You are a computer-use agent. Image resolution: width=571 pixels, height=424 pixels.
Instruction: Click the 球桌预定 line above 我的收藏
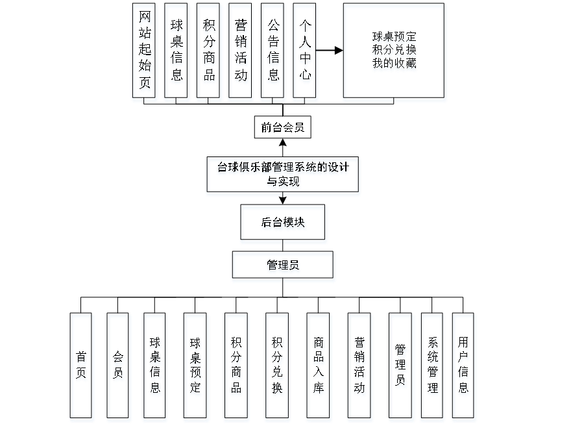click(x=394, y=38)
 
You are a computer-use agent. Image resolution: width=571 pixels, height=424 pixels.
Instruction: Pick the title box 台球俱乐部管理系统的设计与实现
click(x=283, y=176)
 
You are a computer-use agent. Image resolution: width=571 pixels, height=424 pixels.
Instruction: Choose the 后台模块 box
click(x=284, y=224)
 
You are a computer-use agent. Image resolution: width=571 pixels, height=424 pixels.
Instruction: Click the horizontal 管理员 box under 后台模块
click(x=284, y=266)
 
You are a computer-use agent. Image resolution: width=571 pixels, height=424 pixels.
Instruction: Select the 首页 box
click(x=82, y=367)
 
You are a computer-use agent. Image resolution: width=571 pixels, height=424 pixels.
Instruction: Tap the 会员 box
click(x=119, y=367)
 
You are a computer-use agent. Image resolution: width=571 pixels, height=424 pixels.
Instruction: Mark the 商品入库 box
click(x=318, y=367)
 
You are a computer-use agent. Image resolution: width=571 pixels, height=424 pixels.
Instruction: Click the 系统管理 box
click(x=433, y=367)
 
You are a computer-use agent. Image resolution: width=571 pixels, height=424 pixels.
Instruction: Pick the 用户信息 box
click(x=464, y=367)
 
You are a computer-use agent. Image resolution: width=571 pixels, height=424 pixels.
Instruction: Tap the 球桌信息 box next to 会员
click(x=155, y=367)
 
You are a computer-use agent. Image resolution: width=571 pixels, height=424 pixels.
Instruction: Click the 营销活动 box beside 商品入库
click(x=359, y=367)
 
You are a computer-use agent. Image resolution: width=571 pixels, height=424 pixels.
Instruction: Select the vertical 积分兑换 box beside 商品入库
click(x=277, y=367)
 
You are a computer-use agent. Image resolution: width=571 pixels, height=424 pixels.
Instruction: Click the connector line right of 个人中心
click(x=330, y=50)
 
